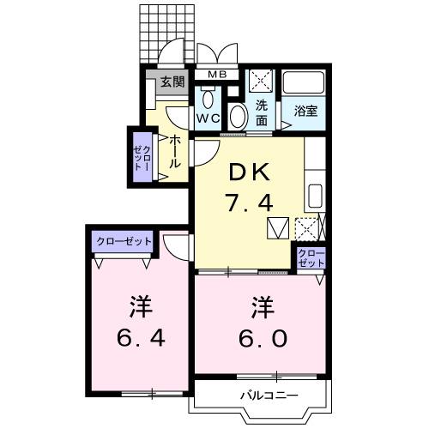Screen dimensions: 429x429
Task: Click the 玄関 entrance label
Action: [x=172, y=83]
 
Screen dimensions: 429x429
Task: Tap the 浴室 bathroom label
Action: [x=305, y=111]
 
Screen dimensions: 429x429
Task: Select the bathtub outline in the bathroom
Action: [x=305, y=84]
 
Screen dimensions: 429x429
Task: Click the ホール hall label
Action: [x=174, y=151]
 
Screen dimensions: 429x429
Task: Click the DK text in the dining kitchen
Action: [x=249, y=172]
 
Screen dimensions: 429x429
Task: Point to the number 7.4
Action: [x=249, y=203]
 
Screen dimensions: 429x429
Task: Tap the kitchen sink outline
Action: [x=314, y=195]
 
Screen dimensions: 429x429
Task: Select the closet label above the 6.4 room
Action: [x=122, y=242]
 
